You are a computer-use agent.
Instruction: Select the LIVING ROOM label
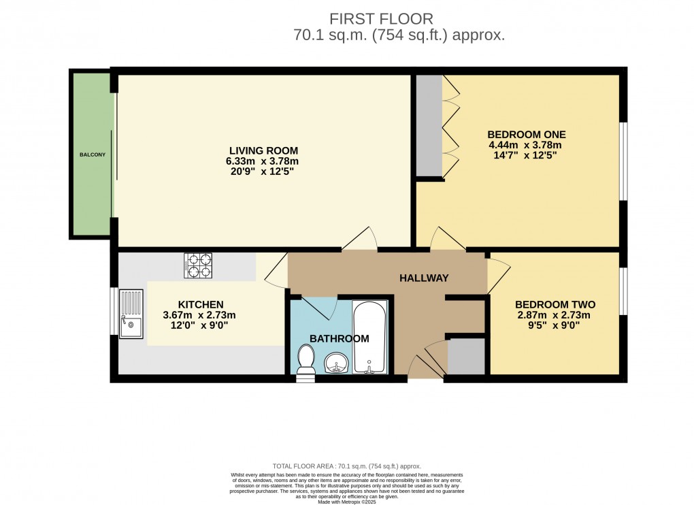(263, 150)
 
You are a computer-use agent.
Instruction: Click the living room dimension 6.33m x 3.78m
(263, 161)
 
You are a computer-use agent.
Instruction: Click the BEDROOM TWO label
(552, 304)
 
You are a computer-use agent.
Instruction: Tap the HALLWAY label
(424, 278)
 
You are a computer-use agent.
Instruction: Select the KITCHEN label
(201, 304)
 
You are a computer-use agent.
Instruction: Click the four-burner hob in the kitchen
(198, 265)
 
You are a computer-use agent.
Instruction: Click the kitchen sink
(131, 314)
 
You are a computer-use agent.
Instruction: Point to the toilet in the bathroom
(306, 359)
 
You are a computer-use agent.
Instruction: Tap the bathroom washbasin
(335, 363)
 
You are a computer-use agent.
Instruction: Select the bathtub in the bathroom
(369, 338)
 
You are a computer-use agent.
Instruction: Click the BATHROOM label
(340, 338)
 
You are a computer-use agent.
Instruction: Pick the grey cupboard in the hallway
(466, 356)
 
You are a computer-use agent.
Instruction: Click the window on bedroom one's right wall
(623, 161)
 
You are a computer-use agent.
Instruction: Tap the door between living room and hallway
(359, 240)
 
